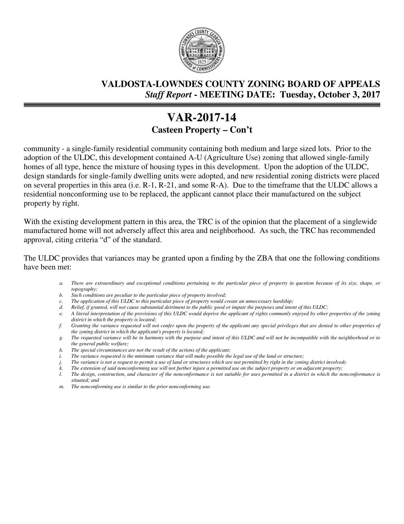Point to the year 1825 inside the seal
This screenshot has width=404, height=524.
[x=202, y=62]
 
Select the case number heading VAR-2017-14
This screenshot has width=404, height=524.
[x=202, y=118]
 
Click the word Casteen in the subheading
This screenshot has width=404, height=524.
[x=167, y=130]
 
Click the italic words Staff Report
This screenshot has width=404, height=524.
[x=168, y=95]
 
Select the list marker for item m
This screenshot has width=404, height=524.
[x=61, y=387]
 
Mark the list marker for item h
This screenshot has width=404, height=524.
[x=61, y=350]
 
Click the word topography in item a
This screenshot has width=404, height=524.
[x=83, y=289]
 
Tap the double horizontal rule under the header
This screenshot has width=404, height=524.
[x=202, y=105]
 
